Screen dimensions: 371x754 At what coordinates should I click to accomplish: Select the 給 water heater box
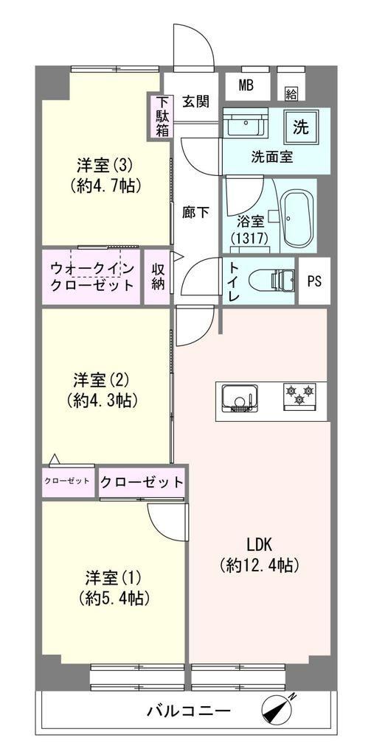[x=291, y=93]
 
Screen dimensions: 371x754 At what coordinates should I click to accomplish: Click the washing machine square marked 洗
[x=300, y=127]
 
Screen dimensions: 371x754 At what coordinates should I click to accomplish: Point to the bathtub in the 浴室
[x=297, y=216]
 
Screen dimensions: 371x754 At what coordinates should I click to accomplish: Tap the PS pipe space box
[x=315, y=281]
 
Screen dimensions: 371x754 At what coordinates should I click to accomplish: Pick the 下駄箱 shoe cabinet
[x=162, y=116]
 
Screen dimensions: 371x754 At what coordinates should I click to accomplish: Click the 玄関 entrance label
[x=195, y=102]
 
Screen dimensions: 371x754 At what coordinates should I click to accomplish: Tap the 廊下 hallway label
[x=195, y=212]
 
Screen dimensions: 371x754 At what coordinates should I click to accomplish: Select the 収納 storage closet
[x=158, y=277]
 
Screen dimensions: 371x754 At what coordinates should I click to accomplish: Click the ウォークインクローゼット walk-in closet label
[x=91, y=277]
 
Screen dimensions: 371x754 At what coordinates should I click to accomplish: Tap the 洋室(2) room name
[x=101, y=381]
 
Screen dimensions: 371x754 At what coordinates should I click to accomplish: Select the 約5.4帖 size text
[x=114, y=597]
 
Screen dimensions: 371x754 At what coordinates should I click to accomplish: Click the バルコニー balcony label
[x=189, y=711]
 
